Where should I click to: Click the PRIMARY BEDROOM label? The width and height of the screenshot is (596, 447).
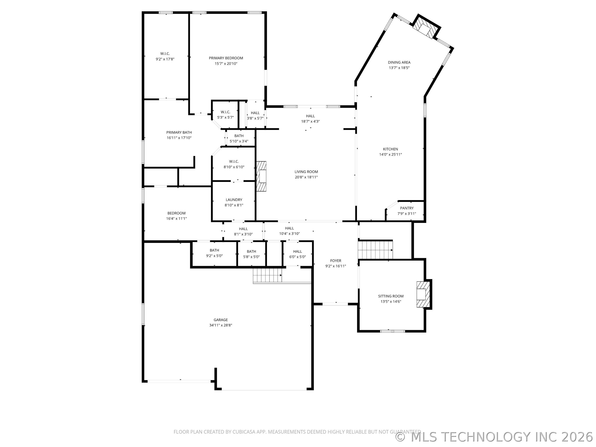click(x=226, y=58)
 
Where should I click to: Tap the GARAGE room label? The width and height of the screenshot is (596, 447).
click(x=220, y=320)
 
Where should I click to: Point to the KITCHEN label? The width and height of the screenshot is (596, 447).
click(x=391, y=149)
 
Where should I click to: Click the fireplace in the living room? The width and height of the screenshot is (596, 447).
click(x=261, y=176)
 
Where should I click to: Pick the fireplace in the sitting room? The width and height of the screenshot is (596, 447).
click(x=422, y=294)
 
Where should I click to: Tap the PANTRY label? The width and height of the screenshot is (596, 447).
click(x=407, y=208)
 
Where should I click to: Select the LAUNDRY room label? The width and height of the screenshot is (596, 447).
click(x=234, y=200)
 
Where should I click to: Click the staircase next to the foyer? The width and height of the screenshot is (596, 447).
click(x=375, y=250)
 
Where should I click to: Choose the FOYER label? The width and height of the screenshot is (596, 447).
click(x=335, y=261)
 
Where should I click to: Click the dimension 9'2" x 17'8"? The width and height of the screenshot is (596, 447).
click(x=165, y=59)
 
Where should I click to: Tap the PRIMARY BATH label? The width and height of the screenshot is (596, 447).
click(x=179, y=132)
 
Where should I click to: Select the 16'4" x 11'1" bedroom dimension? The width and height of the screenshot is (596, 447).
click(x=177, y=219)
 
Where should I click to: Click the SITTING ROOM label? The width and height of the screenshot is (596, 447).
click(x=391, y=296)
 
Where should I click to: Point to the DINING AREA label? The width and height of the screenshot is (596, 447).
click(x=399, y=62)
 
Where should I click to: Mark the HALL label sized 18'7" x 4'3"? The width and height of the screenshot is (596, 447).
click(x=310, y=116)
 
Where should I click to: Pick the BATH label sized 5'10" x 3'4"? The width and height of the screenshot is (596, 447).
click(x=239, y=136)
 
